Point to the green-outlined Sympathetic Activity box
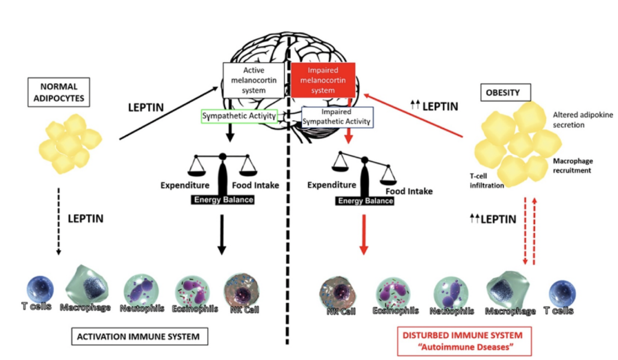point(239,116)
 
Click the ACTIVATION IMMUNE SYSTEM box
point(138,337)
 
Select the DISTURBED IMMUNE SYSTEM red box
point(464,341)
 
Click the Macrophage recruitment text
point(572,165)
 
